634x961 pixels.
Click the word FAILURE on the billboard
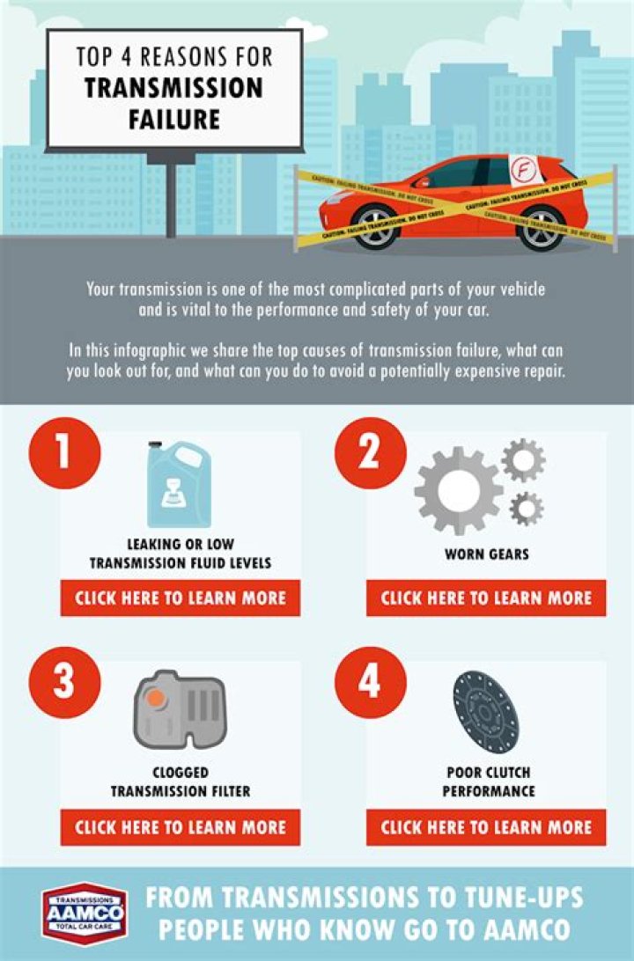point(173,118)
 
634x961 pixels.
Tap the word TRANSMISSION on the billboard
point(173,88)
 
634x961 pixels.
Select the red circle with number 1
point(64,453)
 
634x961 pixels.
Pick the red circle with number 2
point(371,453)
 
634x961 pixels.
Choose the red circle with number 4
point(371,682)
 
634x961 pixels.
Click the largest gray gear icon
point(457,489)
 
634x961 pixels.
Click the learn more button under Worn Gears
point(486,598)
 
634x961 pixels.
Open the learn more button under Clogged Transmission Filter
point(181,827)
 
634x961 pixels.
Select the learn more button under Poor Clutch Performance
point(486,827)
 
